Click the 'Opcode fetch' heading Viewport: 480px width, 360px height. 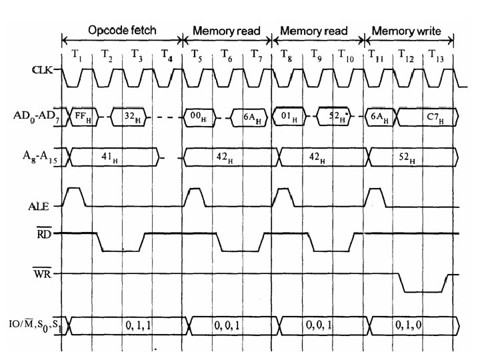[122, 31]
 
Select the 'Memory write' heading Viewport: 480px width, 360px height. [407, 31]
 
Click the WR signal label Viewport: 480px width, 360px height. [48, 273]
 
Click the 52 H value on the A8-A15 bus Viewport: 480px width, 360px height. [407, 159]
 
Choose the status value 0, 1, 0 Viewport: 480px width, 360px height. [408, 325]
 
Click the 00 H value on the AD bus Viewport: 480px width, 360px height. [198, 116]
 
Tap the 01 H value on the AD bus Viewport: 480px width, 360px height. [289, 116]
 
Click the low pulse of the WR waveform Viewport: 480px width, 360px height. [424, 291]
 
